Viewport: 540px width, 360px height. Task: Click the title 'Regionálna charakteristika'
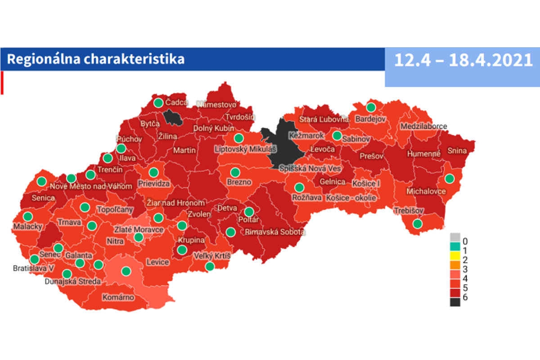(x=96, y=59)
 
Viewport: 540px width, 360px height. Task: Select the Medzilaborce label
(x=424, y=126)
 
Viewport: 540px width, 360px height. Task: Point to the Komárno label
(x=118, y=297)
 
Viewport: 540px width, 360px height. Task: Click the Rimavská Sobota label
(x=274, y=233)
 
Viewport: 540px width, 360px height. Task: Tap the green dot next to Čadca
(x=158, y=103)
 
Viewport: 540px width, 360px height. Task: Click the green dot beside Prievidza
(x=153, y=172)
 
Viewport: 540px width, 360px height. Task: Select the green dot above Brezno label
(x=235, y=172)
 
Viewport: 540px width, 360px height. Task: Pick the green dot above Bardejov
(x=371, y=107)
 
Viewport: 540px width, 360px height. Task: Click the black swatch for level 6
(x=455, y=302)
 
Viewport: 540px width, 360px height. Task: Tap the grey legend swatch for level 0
(x=455, y=238)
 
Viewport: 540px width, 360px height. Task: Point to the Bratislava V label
(x=33, y=269)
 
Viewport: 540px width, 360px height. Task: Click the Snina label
(x=457, y=151)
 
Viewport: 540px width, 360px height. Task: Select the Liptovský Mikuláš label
(x=245, y=148)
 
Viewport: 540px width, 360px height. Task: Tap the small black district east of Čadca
(x=172, y=118)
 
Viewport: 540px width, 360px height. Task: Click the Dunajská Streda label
(x=73, y=282)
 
